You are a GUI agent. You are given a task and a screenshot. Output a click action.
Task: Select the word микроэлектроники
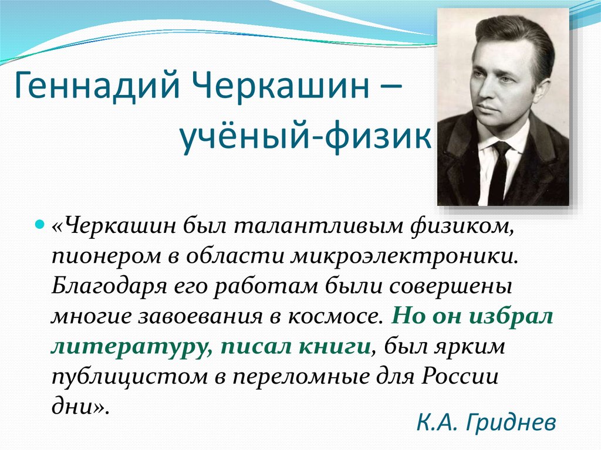pyautogui.click(x=405, y=256)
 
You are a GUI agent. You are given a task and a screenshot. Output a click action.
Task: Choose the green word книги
pyautogui.click(x=337, y=347)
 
